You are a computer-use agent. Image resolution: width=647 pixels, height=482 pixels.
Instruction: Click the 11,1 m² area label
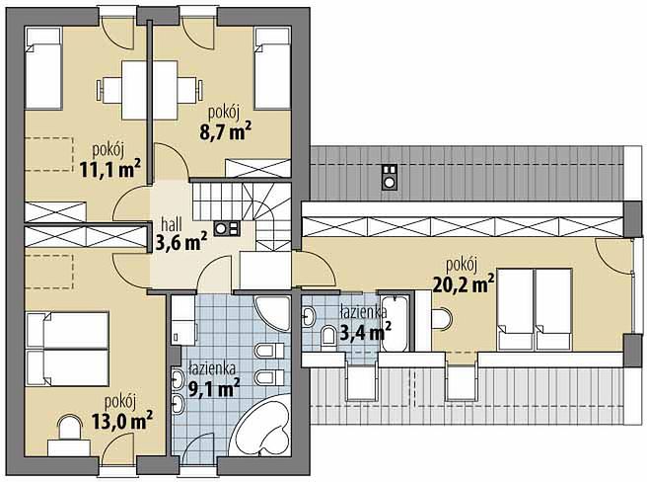[x=110, y=168]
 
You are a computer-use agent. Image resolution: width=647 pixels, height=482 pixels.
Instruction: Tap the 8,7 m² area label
[x=226, y=131]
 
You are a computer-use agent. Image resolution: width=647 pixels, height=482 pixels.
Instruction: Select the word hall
[x=172, y=225]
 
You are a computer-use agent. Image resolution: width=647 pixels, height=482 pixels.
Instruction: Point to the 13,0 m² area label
[x=122, y=421]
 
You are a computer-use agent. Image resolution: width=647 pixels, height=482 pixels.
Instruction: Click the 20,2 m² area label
[x=464, y=284]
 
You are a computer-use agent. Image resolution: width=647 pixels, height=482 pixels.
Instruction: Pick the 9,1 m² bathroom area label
[x=214, y=388]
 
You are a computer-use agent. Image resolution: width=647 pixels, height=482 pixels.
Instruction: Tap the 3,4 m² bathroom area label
[x=365, y=331]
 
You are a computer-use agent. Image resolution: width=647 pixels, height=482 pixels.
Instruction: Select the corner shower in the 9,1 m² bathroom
[x=273, y=313]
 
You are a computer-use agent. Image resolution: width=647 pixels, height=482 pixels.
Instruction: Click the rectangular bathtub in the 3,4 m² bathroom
[x=395, y=323]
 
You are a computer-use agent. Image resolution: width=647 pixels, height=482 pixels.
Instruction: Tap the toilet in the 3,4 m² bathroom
[x=328, y=335]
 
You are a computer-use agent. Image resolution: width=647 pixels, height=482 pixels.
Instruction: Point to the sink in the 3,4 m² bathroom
[x=309, y=317]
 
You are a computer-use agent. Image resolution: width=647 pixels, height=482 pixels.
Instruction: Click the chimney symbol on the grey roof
[x=390, y=177]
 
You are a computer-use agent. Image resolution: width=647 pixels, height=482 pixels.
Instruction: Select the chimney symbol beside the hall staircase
[x=227, y=228]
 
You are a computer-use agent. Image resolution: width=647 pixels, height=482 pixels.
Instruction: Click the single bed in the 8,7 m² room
[x=272, y=68]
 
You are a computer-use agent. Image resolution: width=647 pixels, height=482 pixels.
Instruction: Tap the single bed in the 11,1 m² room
[x=43, y=68]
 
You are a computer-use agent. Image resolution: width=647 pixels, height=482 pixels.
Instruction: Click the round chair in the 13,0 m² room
[x=69, y=428]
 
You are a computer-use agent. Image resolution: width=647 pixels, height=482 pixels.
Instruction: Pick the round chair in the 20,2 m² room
[x=442, y=319]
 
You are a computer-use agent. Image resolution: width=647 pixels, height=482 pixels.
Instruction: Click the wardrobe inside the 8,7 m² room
[x=258, y=168]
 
